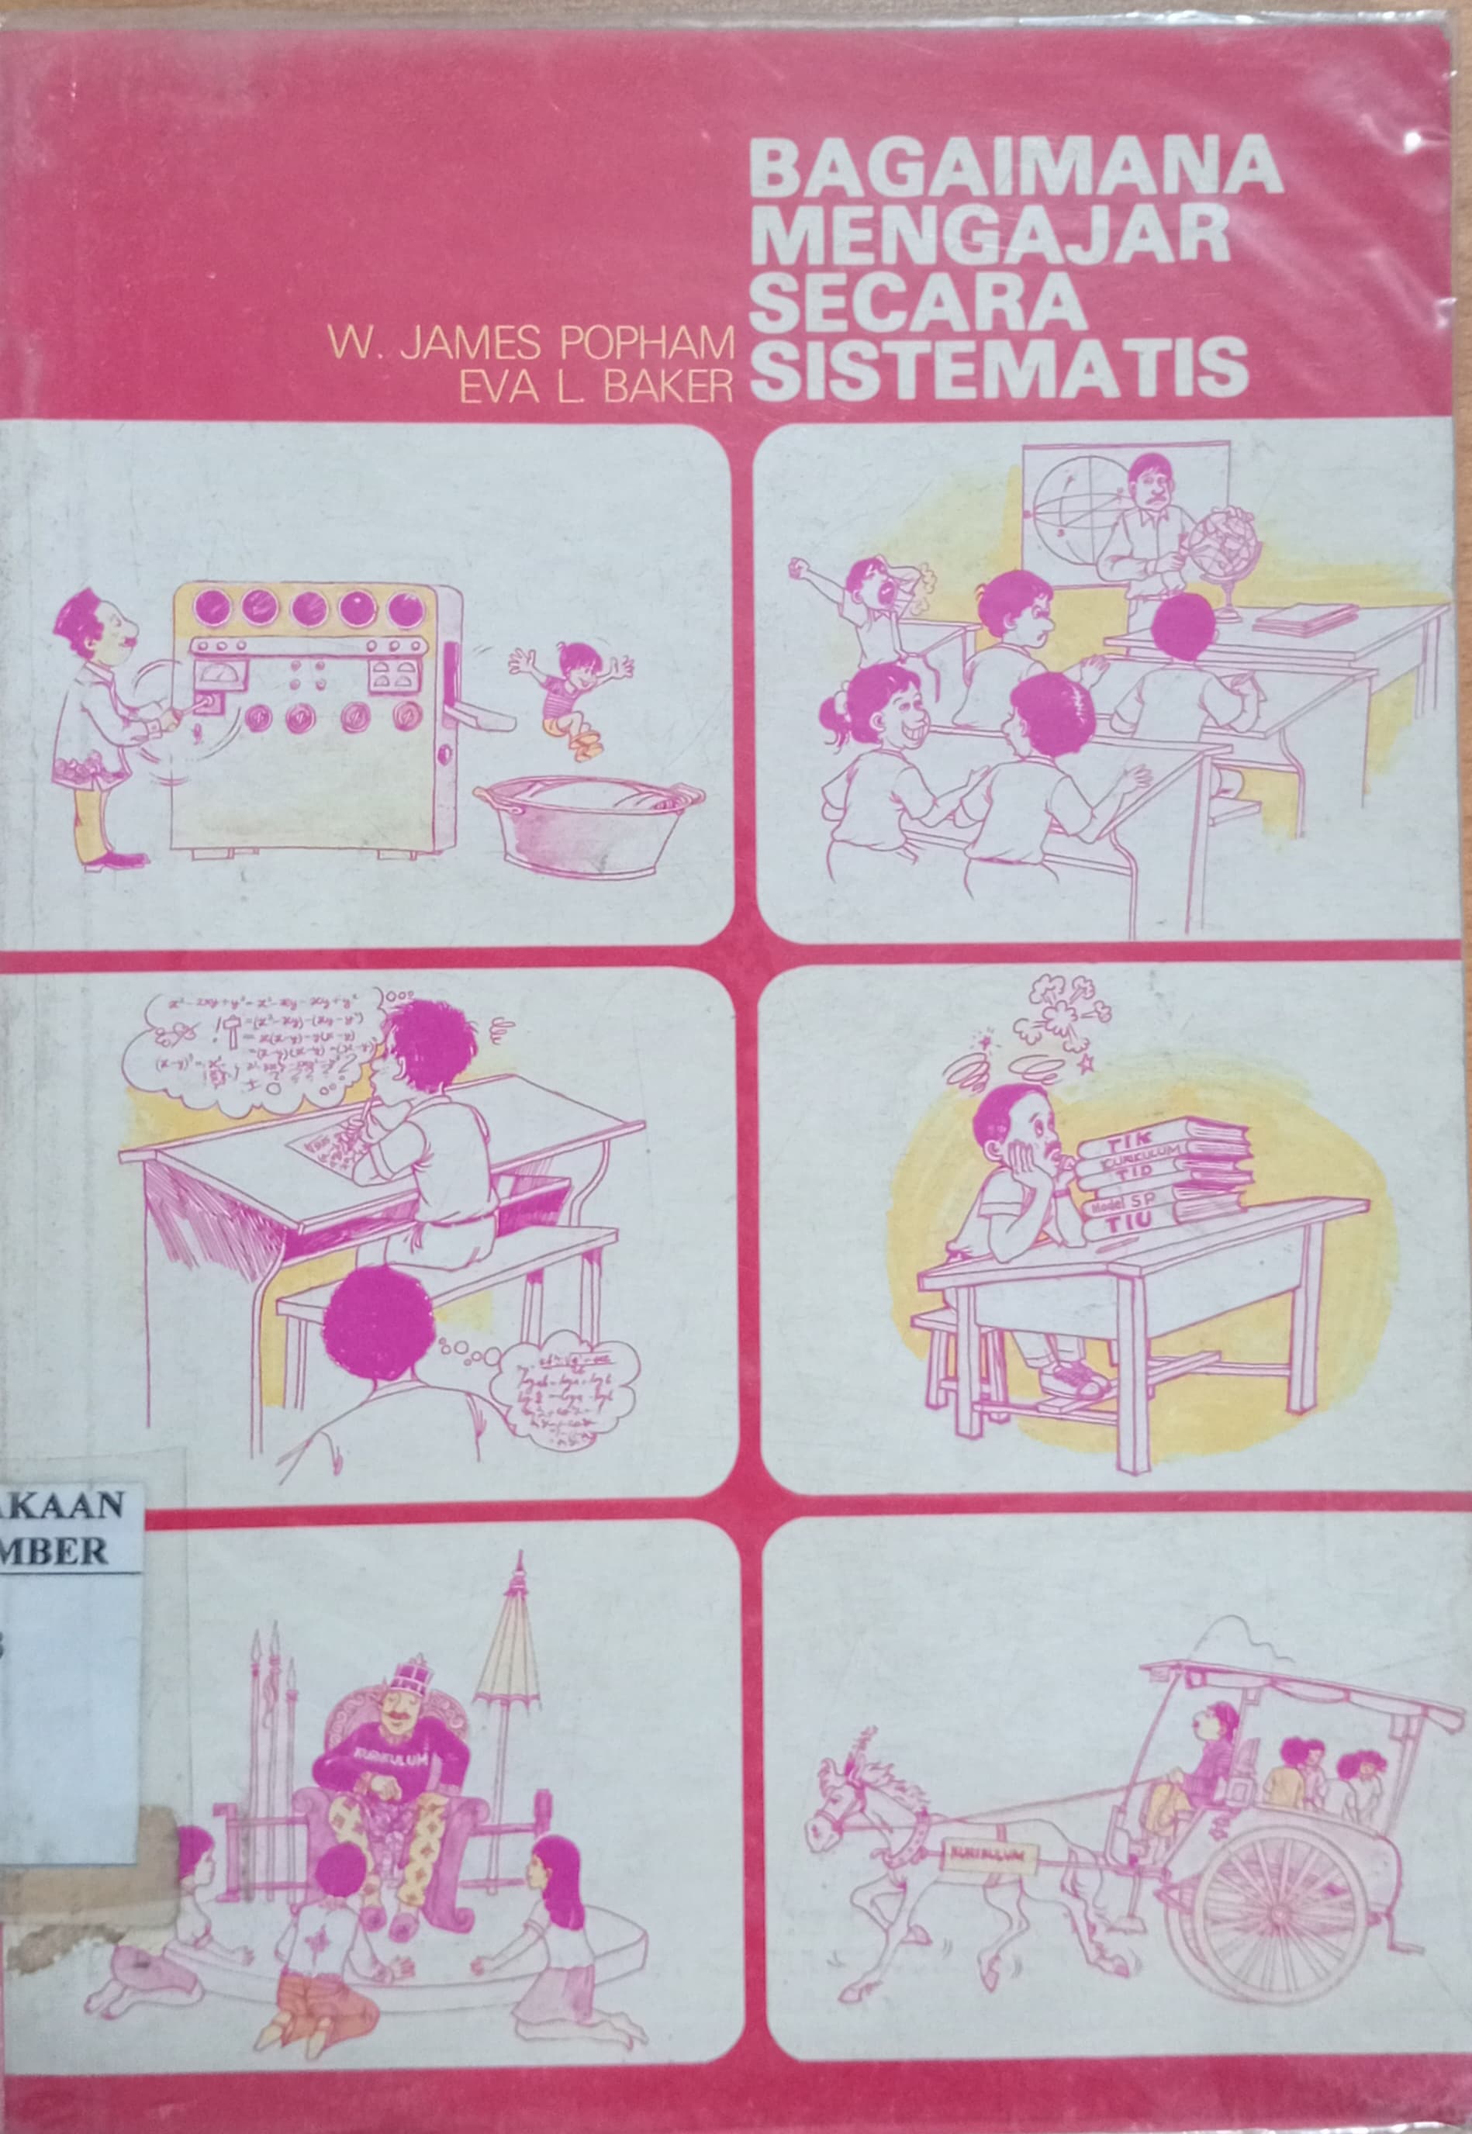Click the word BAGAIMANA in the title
pyautogui.click(x=1017, y=171)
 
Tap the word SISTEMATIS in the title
pyautogui.click(x=998, y=370)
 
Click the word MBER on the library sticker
pyautogui.click(x=55, y=1551)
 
